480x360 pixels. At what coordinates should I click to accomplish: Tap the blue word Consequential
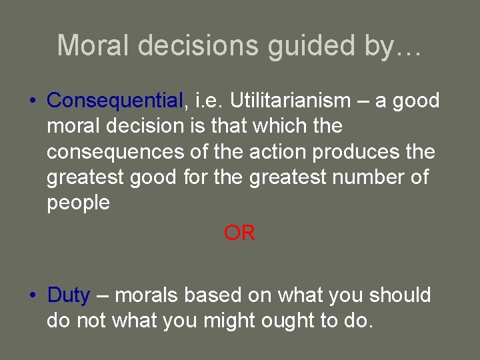pyautogui.click(x=115, y=101)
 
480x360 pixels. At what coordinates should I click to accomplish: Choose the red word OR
pyautogui.click(x=239, y=233)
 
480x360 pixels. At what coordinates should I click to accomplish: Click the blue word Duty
pyautogui.click(x=68, y=295)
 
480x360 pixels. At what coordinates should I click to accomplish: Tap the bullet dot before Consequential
pyautogui.click(x=32, y=101)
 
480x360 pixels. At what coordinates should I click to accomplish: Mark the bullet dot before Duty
pyautogui.click(x=32, y=295)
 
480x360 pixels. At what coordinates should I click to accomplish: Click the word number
pyautogui.click(x=362, y=177)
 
